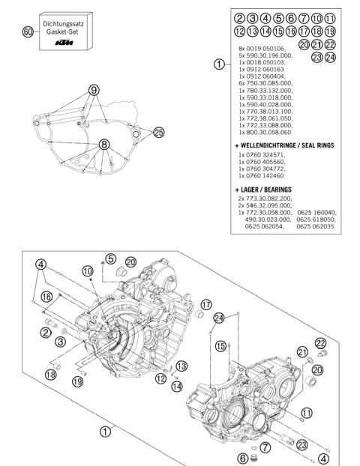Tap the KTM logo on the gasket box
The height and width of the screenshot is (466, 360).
pyautogui.click(x=66, y=46)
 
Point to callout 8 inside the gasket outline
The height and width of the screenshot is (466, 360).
pyautogui.click(x=104, y=144)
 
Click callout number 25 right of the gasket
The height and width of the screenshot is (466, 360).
pyautogui.click(x=158, y=132)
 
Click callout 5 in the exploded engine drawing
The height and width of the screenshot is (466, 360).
pyautogui.click(x=109, y=259)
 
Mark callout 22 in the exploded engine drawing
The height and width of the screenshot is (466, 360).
pyautogui.click(x=321, y=342)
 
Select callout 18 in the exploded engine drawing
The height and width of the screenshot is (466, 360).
pyautogui.click(x=52, y=375)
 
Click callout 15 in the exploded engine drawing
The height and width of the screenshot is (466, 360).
pyautogui.click(x=220, y=347)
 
